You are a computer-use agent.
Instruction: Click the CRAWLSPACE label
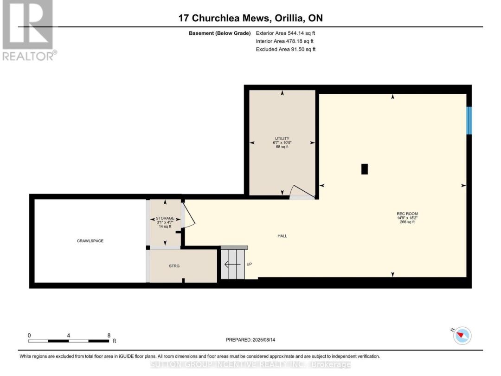click(90, 241)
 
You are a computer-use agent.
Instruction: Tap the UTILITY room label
click(282, 138)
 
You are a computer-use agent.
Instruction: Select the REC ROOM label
click(407, 214)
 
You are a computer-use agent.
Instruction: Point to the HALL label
click(282, 236)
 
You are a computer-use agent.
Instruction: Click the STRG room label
click(174, 266)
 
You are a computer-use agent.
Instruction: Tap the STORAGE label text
click(165, 218)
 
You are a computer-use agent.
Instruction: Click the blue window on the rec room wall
click(469, 121)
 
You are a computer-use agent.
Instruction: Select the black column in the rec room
click(364, 169)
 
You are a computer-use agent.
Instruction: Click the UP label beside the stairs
click(249, 264)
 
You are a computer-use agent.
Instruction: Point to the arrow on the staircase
click(232, 265)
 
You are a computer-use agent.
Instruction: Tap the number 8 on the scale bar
click(109, 336)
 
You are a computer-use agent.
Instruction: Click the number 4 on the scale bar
click(68, 336)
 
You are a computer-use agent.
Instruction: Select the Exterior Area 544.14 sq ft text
click(285, 33)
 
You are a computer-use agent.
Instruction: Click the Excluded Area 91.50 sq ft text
click(286, 49)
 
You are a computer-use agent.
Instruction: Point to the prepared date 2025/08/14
click(263, 339)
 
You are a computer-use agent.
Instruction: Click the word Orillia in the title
click(289, 18)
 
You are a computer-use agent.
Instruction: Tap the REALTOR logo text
click(29, 56)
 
